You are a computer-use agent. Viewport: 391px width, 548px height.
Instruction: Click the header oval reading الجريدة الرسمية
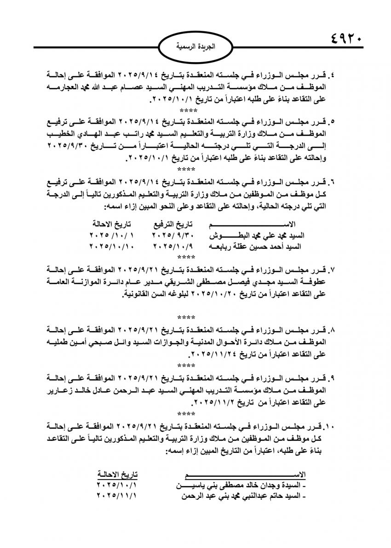pos(195,47)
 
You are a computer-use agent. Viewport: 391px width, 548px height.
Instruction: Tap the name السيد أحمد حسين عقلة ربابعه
pos(263,246)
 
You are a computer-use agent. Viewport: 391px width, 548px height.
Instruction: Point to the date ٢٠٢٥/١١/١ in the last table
pos(117,496)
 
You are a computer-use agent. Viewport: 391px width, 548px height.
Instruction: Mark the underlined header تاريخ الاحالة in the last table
pos(117,474)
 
